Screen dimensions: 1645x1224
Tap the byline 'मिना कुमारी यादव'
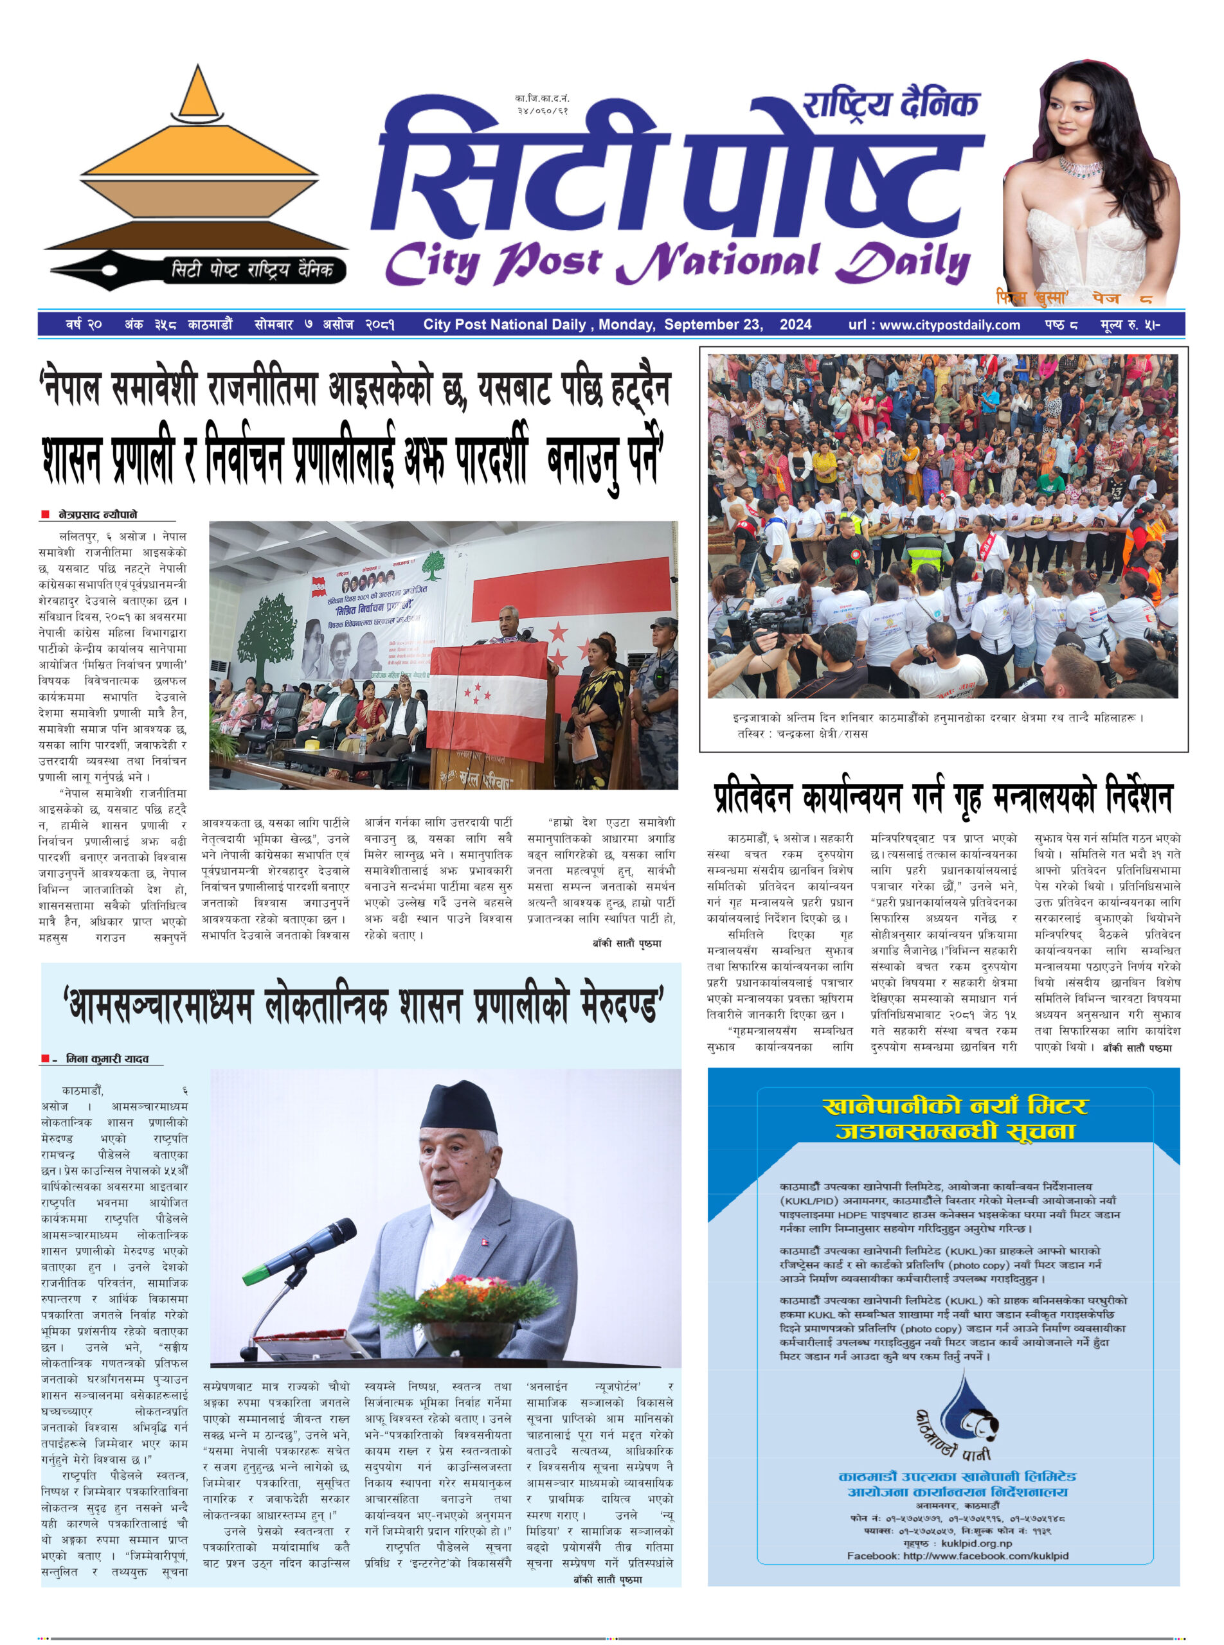click(107, 1059)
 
